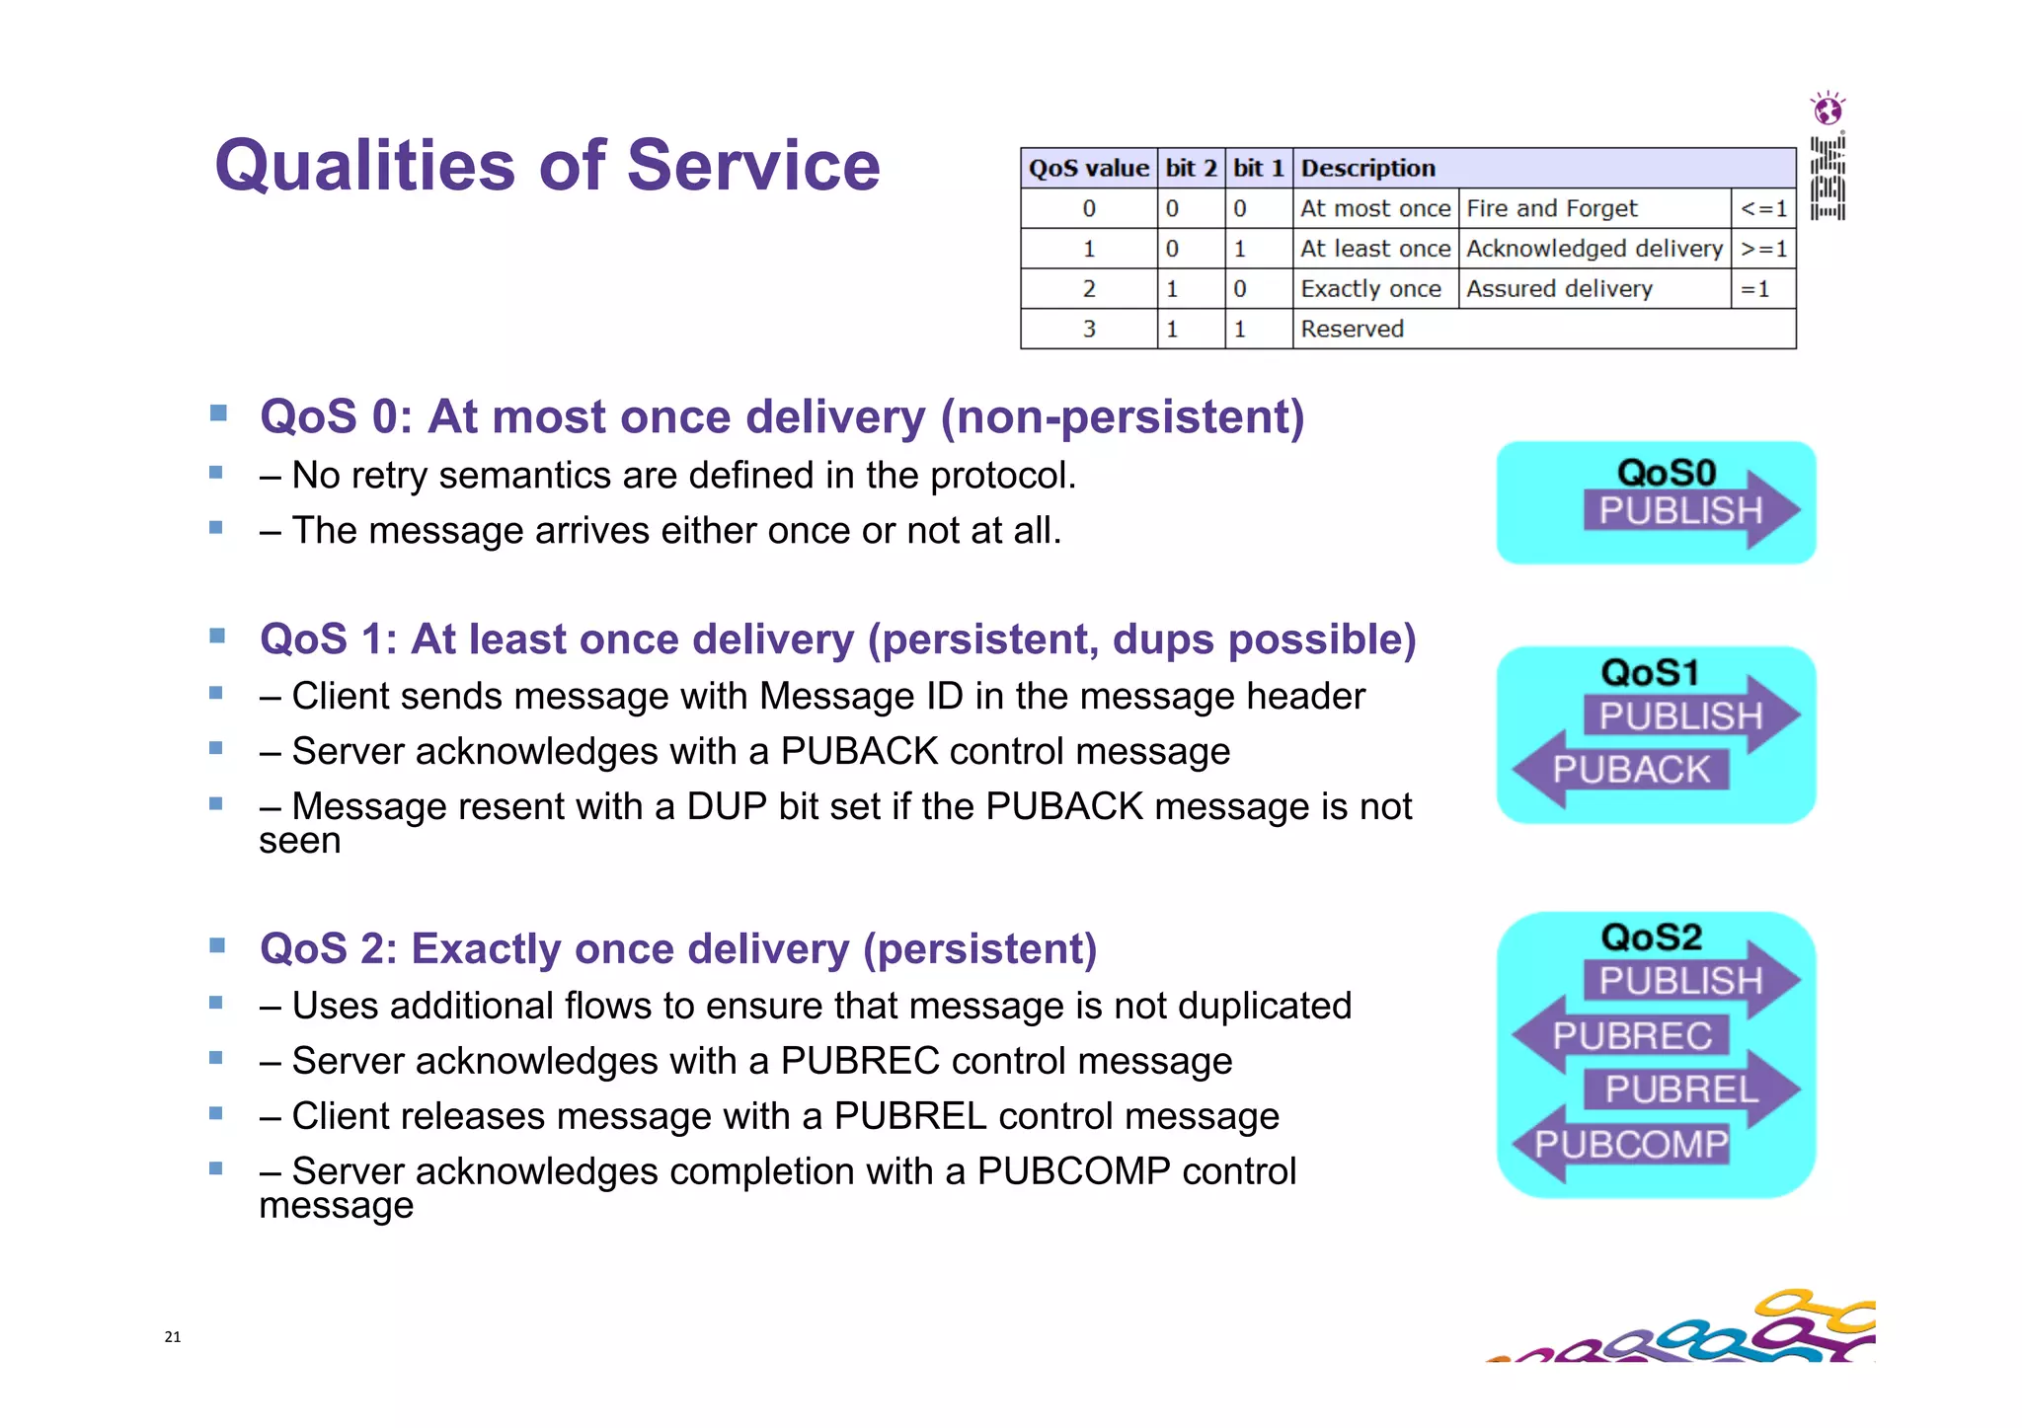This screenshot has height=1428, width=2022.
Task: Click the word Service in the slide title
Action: pyautogui.click(x=752, y=165)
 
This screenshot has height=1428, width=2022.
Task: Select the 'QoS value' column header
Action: pyautogui.click(x=1088, y=169)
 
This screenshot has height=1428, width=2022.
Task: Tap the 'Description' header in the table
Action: pyautogui.click(x=1367, y=169)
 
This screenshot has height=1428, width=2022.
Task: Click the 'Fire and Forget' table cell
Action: pyautogui.click(x=1551, y=209)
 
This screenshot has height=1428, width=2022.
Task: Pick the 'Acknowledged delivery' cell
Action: pyautogui.click(x=1594, y=249)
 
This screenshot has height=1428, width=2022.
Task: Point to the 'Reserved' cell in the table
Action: pyautogui.click(x=1352, y=329)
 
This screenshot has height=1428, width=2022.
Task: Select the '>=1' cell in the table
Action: pyautogui.click(x=1763, y=249)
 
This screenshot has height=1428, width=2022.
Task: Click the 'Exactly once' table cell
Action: pyautogui.click(x=1370, y=289)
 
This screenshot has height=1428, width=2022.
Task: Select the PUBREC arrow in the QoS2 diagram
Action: pyautogui.click(x=1631, y=1035)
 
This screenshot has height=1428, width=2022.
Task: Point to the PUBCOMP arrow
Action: pyautogui.click(x=1631, y=1144)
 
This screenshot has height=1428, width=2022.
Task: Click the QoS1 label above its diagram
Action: pyautogui.click(x=1650, y=673)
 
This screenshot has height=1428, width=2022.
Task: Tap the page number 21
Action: pyautogui.click(x=173, y=1337)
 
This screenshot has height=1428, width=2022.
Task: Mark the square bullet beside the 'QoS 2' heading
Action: pyautogui.click(x=218, y=945)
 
